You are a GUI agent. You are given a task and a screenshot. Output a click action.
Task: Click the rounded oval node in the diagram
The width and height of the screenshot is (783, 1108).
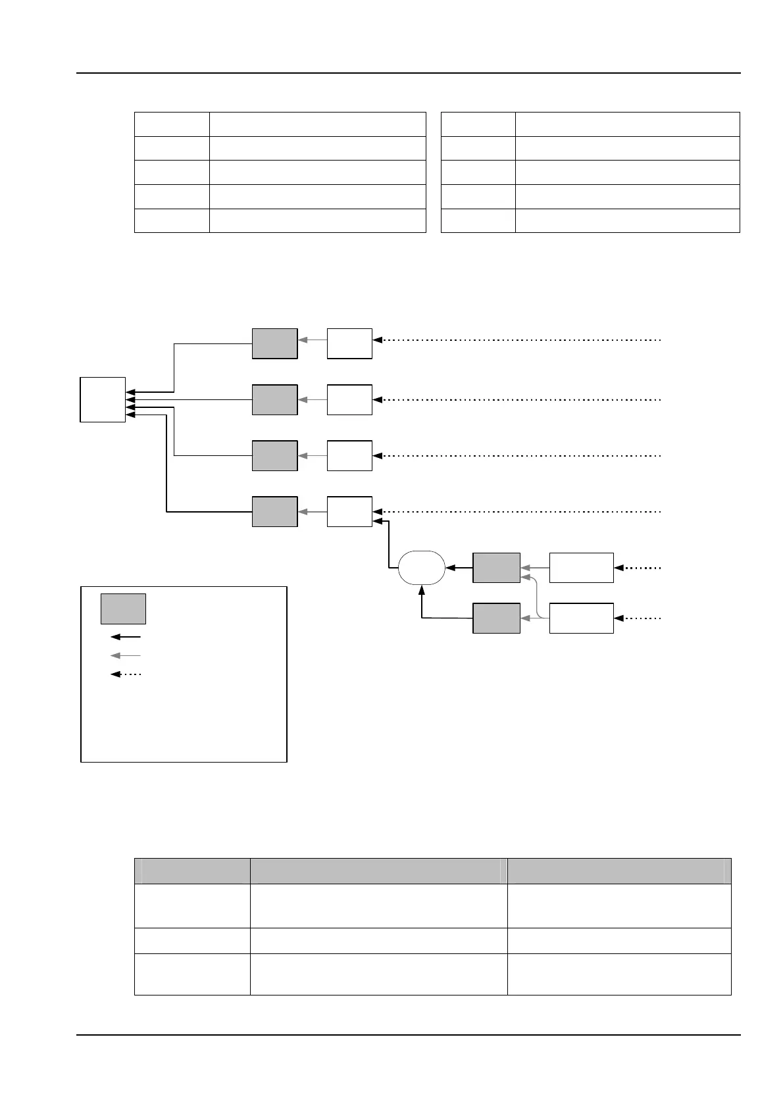click(x=422, y=567)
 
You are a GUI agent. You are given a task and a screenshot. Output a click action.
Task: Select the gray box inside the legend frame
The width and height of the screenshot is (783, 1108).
click(x=123, y=609)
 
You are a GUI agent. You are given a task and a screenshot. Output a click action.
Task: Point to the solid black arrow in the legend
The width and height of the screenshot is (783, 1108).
click(x=126, y=637)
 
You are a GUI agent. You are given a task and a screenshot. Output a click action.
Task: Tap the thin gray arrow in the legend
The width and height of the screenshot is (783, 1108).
click(x=126, y=655)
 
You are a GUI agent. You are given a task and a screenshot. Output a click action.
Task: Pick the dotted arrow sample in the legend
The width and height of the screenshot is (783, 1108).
click(x=126, y=674)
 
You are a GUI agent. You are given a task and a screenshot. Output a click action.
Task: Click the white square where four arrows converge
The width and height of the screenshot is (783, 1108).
click(x=103, y=399)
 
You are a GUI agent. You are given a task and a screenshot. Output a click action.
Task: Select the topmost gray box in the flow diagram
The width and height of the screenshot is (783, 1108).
click(x=274, y=343)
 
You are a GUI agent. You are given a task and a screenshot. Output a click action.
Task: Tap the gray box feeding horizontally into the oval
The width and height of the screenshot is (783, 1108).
click(x=496, y=568)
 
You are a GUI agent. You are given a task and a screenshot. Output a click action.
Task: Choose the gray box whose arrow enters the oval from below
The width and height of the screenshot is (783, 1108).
click(x=496, y=618)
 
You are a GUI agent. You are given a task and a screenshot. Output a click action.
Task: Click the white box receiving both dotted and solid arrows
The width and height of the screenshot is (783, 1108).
click(x=349, y=511)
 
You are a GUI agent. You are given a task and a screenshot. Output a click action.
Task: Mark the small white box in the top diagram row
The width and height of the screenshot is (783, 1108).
click(x=349, y=343)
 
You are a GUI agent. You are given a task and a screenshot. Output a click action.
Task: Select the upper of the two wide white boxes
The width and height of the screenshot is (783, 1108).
click(x=581, y=568)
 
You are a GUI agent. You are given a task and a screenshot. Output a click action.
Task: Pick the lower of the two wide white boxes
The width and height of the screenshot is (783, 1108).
click(x=581, y=618)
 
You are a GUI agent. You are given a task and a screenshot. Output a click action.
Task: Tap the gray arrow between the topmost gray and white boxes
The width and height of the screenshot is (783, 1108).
click(x=312, y=340)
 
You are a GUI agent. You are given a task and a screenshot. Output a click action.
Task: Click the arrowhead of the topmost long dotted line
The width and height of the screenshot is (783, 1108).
click(x=378, y=340)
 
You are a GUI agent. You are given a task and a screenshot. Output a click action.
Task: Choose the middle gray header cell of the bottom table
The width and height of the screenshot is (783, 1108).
click(x=378, y=870)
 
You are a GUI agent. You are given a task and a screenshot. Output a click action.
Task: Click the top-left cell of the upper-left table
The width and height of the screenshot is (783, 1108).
click(x=172, y=124)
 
